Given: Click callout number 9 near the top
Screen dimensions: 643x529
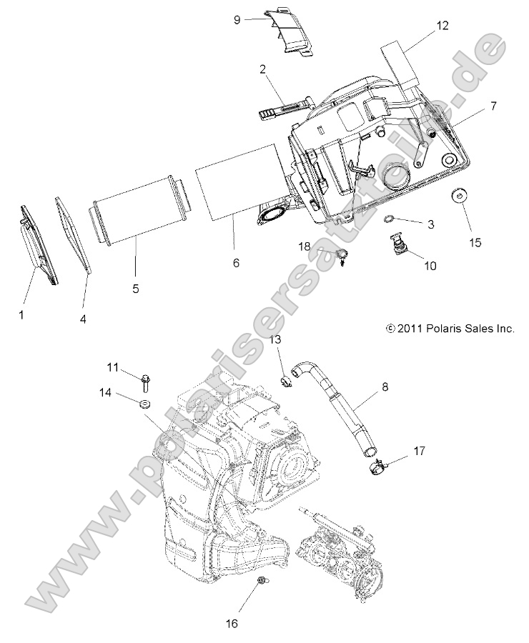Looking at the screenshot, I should tap(237, 20).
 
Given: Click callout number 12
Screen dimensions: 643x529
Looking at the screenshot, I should tap(443, 26).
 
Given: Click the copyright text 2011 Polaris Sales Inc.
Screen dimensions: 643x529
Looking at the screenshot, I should tap(450, 329).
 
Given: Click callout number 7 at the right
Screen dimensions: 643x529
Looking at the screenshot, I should tap(493, 106).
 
